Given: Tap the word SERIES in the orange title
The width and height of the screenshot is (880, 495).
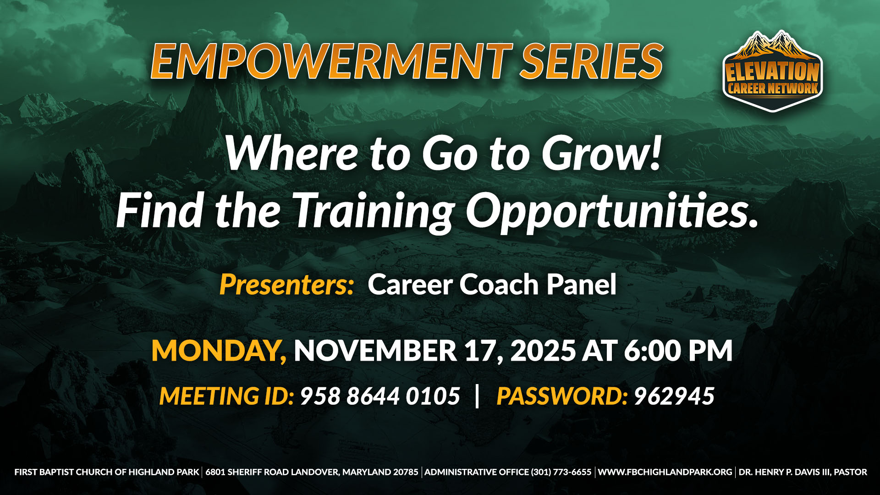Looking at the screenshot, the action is [592, 61].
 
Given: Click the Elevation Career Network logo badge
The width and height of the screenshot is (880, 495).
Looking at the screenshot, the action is [773, 71].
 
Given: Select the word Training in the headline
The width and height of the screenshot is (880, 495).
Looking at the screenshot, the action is [374, 211].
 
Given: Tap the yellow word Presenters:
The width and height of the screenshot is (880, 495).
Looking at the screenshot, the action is [287, 285].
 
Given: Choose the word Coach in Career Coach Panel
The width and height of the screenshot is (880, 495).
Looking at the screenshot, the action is [499, 285].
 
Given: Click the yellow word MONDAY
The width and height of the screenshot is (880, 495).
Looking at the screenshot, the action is [219, 351].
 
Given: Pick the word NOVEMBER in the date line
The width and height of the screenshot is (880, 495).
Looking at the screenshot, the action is [375, 351].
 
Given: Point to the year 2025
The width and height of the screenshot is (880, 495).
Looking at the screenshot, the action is [543, 351].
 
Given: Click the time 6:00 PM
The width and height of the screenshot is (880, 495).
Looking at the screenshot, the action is [678, 351].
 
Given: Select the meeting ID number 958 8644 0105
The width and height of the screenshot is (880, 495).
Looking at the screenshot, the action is [380, 396].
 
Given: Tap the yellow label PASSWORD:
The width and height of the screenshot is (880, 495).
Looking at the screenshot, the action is [562, 396].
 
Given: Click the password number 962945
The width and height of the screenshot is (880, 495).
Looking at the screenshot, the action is [674, 396].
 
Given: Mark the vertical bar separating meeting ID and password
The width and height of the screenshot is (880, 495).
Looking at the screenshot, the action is [478, 396].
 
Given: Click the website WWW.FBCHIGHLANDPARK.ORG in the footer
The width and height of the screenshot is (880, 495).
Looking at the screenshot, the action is [665, 472].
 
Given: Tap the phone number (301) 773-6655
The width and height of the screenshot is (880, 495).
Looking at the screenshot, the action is [561, 472].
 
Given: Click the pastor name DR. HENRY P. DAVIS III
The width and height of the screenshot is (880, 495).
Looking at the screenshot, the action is [784, 472].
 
